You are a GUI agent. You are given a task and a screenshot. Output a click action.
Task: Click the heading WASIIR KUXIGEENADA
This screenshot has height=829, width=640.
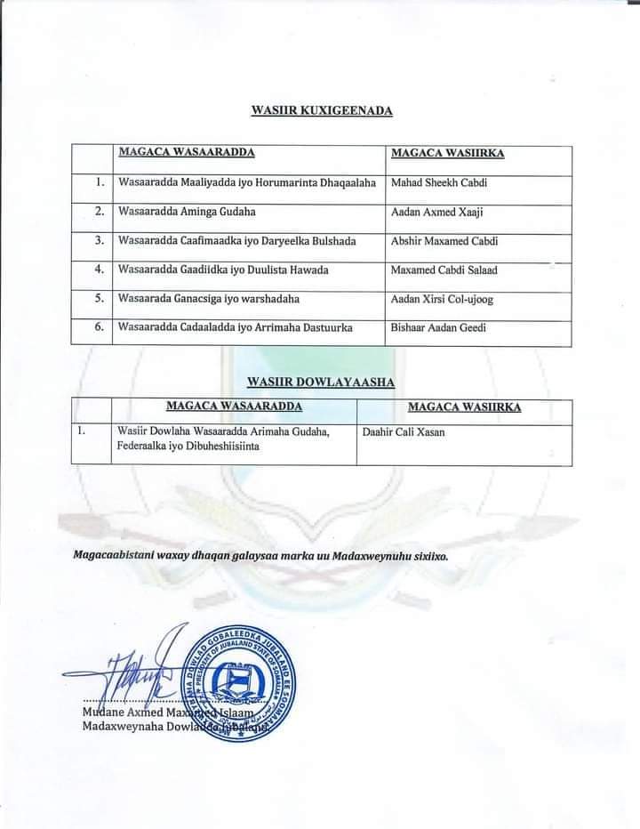[x=322, y=110]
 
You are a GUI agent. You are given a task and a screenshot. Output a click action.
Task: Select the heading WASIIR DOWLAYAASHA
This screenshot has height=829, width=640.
[x=321, y=382]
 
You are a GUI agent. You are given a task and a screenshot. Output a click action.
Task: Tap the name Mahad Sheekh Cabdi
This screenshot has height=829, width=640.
[x=438, y=183]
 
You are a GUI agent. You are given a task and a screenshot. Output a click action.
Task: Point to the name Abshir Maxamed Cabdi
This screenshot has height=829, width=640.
[x=444, y=241]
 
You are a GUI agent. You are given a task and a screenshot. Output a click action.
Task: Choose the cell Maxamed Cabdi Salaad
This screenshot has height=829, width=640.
[x=444, y=270]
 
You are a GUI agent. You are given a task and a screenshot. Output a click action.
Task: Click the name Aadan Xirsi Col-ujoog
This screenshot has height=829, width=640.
[x=442, y=299]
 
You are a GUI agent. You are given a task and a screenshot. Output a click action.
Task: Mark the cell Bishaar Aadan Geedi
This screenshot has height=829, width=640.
[x=439, y=327]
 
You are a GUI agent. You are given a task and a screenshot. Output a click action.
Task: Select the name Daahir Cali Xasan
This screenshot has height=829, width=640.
[x=404, y=432]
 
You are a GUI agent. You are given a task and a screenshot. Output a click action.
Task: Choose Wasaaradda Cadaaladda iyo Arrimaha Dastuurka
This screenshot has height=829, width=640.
[x=235, y=327]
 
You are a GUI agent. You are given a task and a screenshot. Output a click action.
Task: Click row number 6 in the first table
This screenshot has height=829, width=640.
[x=100, y=327]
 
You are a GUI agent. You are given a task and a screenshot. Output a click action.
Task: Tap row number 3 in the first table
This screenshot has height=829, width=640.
[x=100, y=240]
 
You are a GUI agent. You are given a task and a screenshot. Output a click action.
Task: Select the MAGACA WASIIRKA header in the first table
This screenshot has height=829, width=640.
[x=448, y=153]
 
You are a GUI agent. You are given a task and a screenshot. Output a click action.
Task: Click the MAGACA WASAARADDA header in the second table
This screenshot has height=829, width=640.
[x=234, y=406]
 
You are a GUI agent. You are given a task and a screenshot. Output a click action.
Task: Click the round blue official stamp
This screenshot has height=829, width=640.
[x=244, y=683]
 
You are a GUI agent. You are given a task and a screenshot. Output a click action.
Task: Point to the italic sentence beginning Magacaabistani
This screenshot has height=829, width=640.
[x=260, y=555]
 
